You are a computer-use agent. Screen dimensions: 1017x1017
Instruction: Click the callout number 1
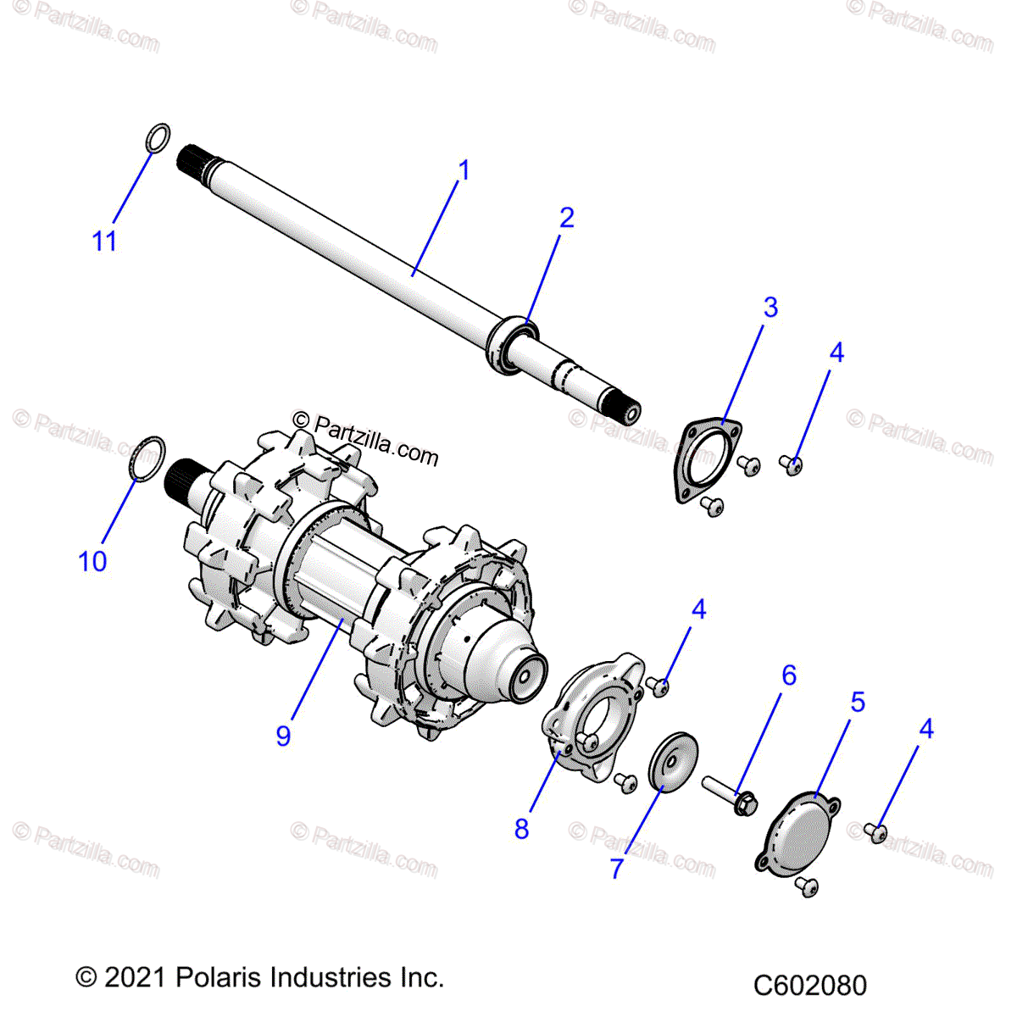coord(463,170)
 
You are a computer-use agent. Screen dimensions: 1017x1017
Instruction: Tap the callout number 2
coord(566,218)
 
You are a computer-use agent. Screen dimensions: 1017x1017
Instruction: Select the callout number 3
coord(770,307)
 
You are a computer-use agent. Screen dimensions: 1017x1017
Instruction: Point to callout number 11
coord(103,242)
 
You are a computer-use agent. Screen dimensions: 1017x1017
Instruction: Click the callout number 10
coord(92,561)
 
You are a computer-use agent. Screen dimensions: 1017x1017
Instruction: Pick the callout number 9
coord(283,735)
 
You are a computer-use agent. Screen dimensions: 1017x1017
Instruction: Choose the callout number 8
coord(521,828)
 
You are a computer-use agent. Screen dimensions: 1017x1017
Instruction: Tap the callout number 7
coord(616,868)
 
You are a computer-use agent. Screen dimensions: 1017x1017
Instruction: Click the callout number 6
coord(788,675)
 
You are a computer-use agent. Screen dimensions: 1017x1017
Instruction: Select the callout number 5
coord(858,702)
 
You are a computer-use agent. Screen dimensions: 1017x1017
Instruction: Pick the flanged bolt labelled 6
coord(729,792)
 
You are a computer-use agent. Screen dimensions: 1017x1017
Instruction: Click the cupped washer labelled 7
coord(673,760)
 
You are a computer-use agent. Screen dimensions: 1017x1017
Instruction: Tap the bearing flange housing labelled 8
coord(593,716)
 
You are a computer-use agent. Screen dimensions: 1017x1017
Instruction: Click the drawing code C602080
coord(809,986)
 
